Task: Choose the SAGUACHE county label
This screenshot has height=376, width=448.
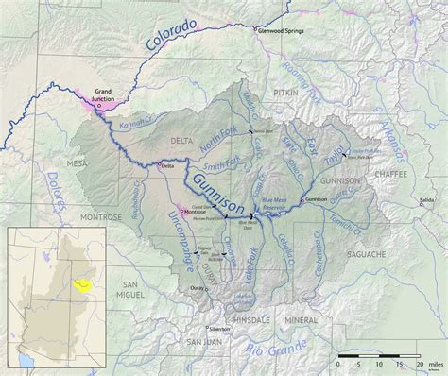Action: pyautogui.click(x=367, y=254)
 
